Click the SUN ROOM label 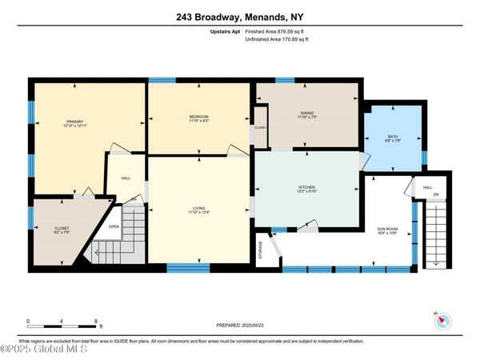click(387, 229)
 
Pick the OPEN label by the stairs click(114, 226)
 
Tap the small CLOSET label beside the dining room click(261, 127)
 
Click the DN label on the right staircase click(436, 194)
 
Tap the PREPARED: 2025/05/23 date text click(240, 326)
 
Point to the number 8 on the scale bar click(95, 320)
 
